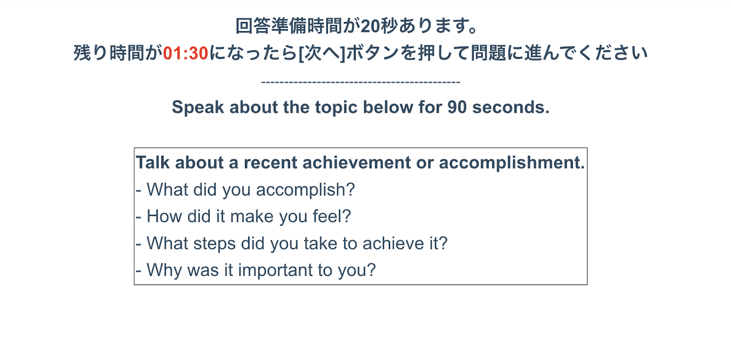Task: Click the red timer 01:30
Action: point(185,53)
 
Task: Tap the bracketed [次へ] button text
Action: point(322,53)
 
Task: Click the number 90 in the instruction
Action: point(457,107)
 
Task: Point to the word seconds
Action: point(511,107)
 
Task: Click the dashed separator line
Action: point(360,82)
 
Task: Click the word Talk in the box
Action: point(153,162)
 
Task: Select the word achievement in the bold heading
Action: point(356,162)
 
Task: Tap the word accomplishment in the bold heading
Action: point(512,163)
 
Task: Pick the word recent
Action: point(270,163)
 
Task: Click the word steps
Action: point(214,244)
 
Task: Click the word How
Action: point(164,216)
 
